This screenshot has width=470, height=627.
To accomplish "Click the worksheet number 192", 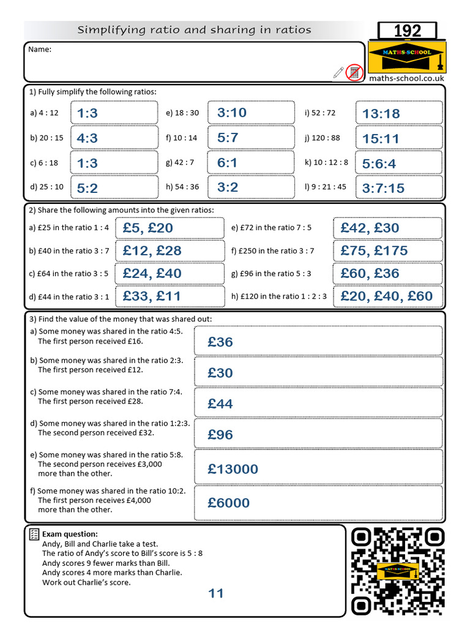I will (x=407, y=31).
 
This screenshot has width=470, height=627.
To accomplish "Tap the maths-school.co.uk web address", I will (x=406, y=78).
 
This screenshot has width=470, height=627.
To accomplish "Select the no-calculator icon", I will (x=354, y=72).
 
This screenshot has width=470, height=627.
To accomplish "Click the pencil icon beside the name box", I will (x=338, y=72).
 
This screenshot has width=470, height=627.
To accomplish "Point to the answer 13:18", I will (x=381, y=113).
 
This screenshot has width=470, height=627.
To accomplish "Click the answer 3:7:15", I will (x=383, y=188).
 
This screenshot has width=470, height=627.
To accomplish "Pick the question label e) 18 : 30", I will (x=182, y=113).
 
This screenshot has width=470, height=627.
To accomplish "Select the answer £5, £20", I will (x=147, y=228).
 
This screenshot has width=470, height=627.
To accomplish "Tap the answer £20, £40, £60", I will (x=386, y=296).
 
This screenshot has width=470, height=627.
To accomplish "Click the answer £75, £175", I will (x=374, y=250).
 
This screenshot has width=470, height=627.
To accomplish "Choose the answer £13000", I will (x=233, y=469).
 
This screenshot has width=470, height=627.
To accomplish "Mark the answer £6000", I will (x=228, y=503).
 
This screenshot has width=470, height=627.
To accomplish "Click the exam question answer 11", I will (x=216, y=593).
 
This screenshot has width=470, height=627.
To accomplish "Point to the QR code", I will (x=398, y=571).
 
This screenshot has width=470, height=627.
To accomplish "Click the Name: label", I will (x=40, y=50).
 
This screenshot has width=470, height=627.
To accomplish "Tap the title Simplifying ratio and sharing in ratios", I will (x=194, y=29).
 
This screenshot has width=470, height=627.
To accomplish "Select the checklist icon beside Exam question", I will (x=34, y=535).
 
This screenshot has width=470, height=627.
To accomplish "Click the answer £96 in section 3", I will (x=220, y=435).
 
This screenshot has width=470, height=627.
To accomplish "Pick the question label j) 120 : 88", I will (x=322, y=138).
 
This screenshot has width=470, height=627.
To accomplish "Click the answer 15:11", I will (x=380, y=138).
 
